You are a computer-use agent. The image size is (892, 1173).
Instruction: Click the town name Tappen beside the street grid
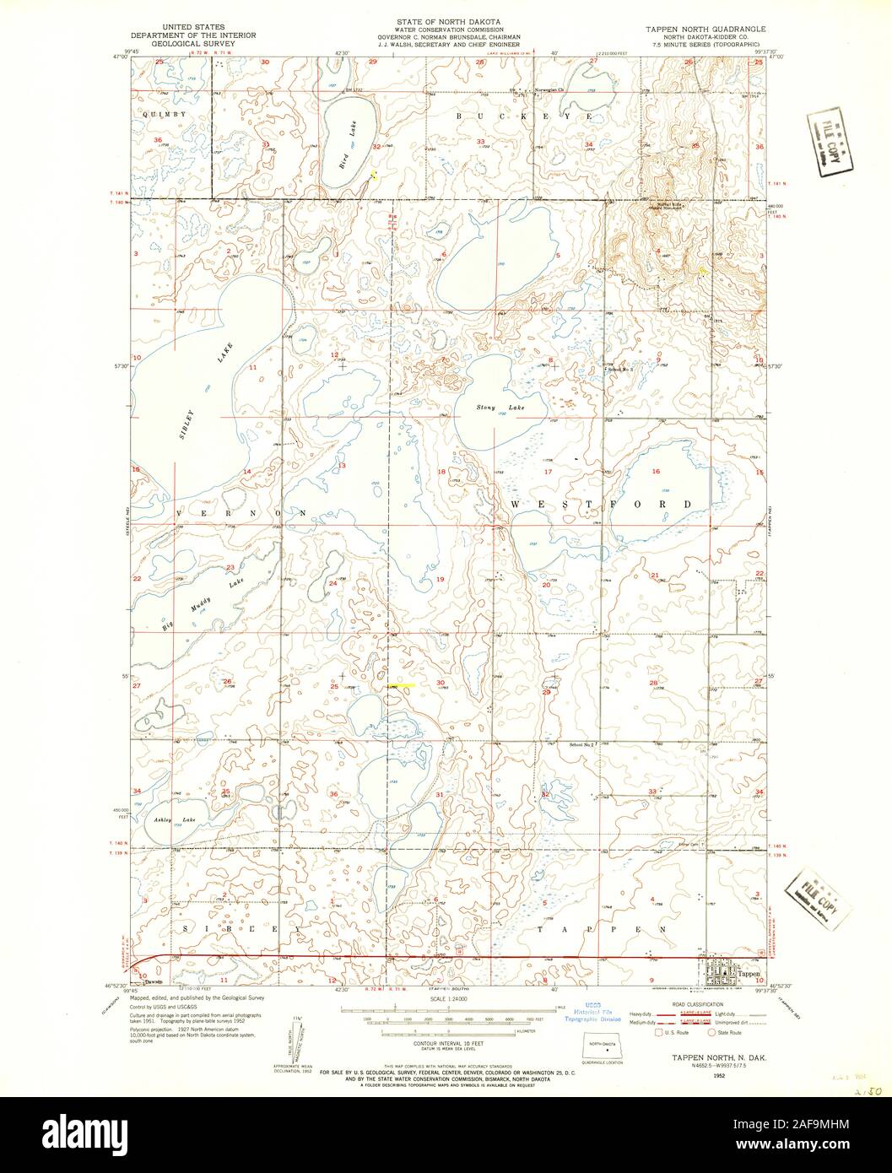pyautogui.click(x=749, y=973)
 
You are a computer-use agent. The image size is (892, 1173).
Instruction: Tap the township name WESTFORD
pyautogui.click(x=601, y=504)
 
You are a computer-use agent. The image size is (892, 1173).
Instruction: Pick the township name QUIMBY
pyautogui.click(x=167, y=113)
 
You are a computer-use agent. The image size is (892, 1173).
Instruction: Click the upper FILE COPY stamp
pyautogui.click(x=825, y=141)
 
